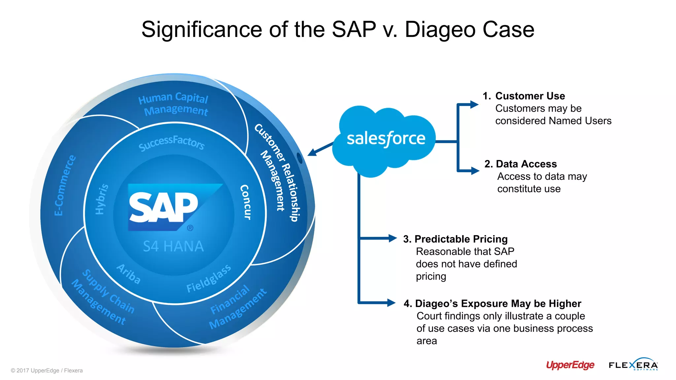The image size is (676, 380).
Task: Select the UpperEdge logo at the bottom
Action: [570, 365]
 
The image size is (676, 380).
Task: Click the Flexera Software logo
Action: [633, 364]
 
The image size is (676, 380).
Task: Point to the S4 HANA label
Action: [173, 246]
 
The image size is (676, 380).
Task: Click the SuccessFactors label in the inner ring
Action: [172, 143]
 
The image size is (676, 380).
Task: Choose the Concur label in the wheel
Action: [246, 202]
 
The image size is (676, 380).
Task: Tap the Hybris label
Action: [101, 199]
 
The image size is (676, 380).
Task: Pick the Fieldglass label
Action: [208, 279]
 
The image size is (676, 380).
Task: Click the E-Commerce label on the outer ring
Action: [65, 185]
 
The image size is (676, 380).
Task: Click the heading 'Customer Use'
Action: [530, 96]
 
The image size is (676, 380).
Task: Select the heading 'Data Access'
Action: [526, 164]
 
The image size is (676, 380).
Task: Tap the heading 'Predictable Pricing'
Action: [461, 239]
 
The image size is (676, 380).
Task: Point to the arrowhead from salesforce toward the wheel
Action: [311, 153]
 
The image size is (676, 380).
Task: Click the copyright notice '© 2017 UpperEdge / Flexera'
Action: [47, 370]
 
